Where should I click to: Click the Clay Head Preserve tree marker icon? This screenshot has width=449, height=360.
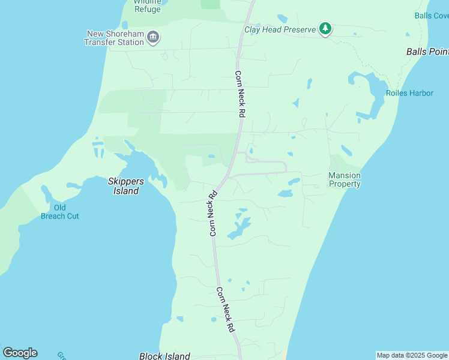[x=325, y=28]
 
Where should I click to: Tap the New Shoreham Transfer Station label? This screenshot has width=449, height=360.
[x=114, y=38]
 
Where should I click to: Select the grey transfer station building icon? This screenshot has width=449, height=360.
[x=153, y=38]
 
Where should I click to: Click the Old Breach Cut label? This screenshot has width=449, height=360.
[x=60, y=212]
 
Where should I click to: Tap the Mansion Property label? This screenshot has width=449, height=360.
[x=345, y=180]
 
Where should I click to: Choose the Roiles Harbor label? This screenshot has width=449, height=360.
[x=409, y=93]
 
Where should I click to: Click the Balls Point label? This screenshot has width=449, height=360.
[x=427, y=52]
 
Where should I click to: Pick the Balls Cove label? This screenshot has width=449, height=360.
[x=432, y=16]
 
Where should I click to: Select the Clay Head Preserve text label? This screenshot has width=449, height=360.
[x=280, y=29]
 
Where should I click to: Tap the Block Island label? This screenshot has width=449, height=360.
[x=164, y=356]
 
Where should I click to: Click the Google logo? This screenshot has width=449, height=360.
[x=20, y=353]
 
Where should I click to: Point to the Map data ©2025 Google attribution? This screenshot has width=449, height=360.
[x=412, y=355]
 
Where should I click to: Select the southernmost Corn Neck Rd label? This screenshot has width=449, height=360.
[x=225, y=310]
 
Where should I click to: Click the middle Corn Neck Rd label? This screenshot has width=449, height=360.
[x=212, y=213]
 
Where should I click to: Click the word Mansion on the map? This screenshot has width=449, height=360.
[x=345, y=176]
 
